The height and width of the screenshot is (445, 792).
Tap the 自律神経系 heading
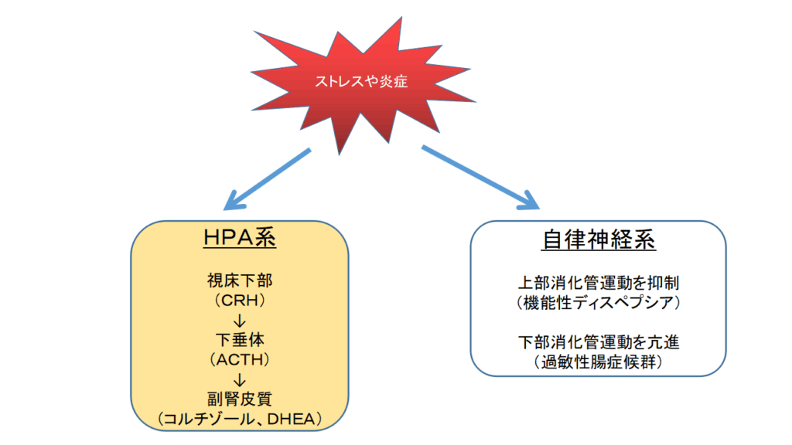pyautogui.click(x=599, y=239)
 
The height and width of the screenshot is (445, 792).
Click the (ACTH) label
pyautogui.click(x=240, y=359)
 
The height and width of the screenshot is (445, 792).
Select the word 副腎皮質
pyautogui.click(x=240, y=399)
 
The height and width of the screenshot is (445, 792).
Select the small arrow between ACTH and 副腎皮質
pyautogui.click(x=240, y=379)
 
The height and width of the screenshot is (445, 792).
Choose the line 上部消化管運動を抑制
pyautogui.click(x=599, y=283)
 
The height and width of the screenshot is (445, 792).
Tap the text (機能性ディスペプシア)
pyautogui.click(x=599, y=303)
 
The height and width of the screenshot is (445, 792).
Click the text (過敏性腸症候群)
pyautogui.click(x=599, y=360)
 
